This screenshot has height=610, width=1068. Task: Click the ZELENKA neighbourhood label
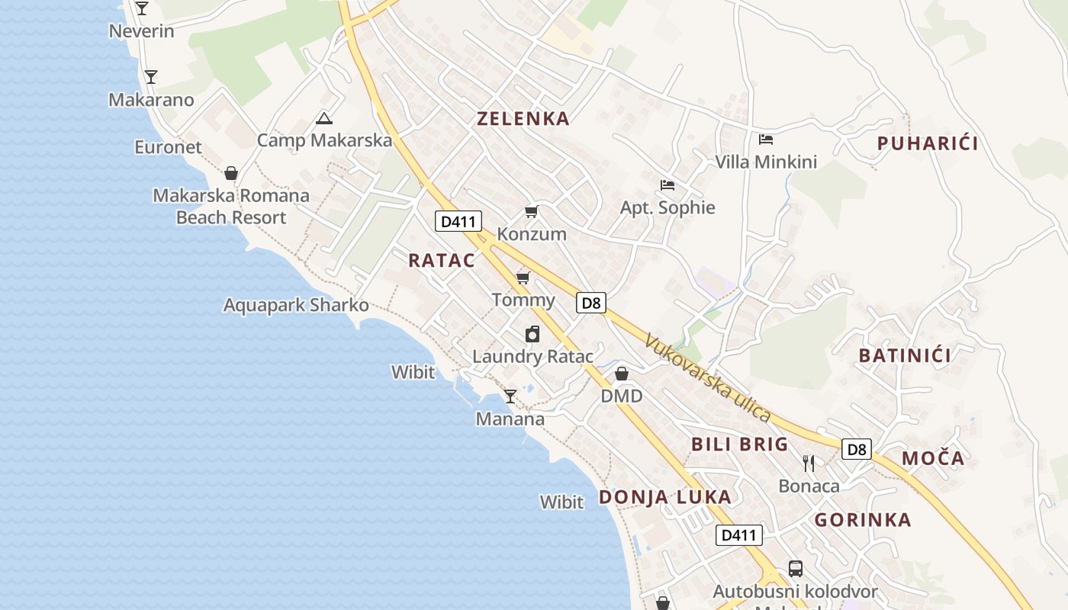coord(523,118)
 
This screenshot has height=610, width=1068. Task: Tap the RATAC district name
coord(442,260)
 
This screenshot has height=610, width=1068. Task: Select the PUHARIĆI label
coord(928,143)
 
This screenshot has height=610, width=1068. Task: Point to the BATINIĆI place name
coord(905,355)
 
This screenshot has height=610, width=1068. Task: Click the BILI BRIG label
coord(740,445)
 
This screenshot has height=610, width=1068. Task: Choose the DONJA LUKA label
coord(665,497)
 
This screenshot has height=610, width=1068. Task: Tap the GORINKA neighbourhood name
coord(863,520)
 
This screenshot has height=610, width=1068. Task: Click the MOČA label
coord(933,458)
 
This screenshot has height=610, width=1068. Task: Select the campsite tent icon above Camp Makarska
coord(324,118)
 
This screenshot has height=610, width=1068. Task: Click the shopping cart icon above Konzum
coord(532,211)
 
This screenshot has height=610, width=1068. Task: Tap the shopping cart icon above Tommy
coord(523,277)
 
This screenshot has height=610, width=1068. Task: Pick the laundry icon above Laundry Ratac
coord(532,333)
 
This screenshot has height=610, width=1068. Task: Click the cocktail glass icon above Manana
coord(510,396)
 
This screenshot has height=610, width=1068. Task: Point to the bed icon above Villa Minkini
coord(766,139)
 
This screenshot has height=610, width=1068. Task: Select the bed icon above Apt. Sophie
coord(667,185)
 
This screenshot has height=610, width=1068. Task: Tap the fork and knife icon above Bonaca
coord(809,463)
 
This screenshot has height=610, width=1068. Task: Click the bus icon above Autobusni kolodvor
coord(795,568)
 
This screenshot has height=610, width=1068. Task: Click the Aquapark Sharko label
coord(296,306)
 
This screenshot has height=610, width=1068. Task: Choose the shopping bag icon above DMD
coord(622,374)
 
